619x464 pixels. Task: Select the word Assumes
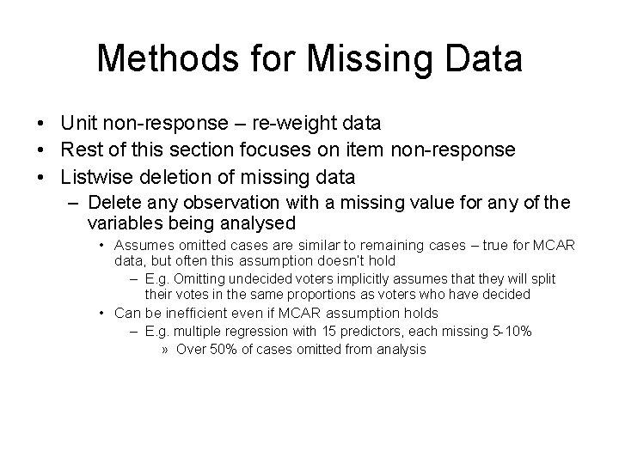click(140, 247)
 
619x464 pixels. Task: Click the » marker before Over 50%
click(165, 350)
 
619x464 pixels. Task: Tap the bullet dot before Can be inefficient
click(102, 313)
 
